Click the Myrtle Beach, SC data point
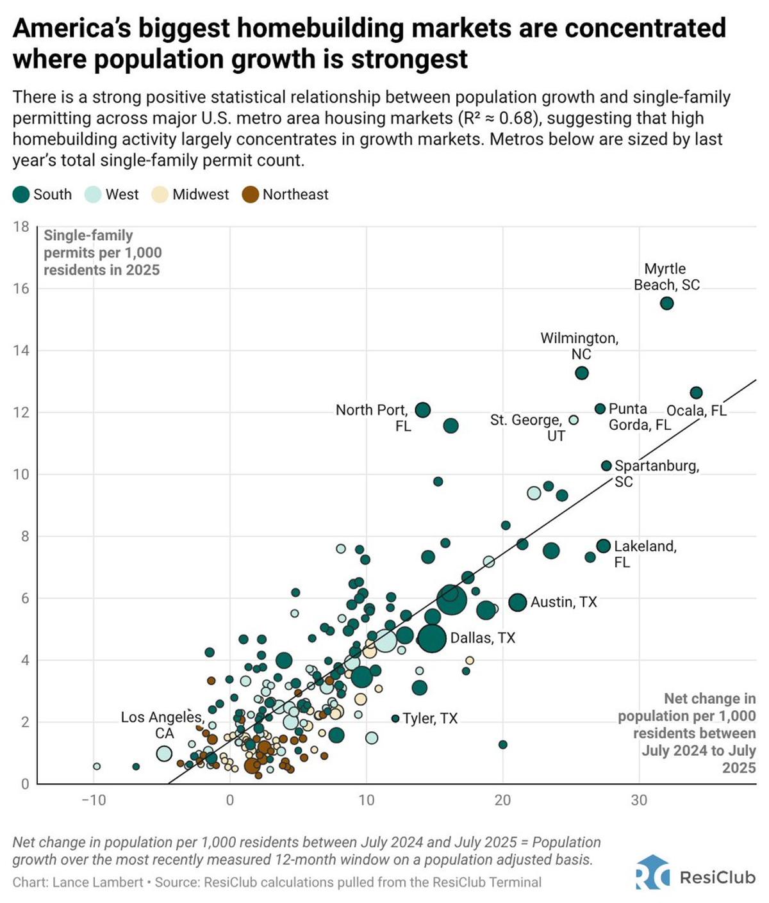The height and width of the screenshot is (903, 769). [x=666, y=303]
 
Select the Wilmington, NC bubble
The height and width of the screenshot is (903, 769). [x=581, y=373]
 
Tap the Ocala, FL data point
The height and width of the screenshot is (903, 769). [x=696, y=393]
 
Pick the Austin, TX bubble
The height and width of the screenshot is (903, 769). [x=518, y=602]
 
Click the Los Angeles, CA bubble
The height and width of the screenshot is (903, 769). [x=164, y=753]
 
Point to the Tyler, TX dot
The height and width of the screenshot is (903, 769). [x=395, y=719]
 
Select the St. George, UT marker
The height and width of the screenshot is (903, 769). [x=574, y=420]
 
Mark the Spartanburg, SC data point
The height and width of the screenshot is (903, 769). [x=606, y=466]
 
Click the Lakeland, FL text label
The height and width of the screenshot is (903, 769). [x=645, y=554]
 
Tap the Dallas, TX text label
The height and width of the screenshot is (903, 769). [x=483, y=638]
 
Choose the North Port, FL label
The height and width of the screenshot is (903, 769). [x=372, y=418]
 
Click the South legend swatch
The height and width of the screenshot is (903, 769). [x=21, y=195]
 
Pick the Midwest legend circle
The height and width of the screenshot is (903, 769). [x=160, y=195]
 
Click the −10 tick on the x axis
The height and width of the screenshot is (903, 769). [x=94, y=800]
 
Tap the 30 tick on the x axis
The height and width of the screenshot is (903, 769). [x=639, y=800]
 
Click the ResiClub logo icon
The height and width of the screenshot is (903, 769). [x=652, y=874]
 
